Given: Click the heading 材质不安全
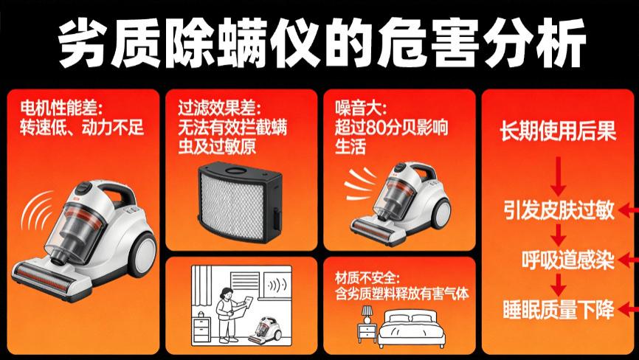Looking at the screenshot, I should pyautogui.click(x=367, y=278).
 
